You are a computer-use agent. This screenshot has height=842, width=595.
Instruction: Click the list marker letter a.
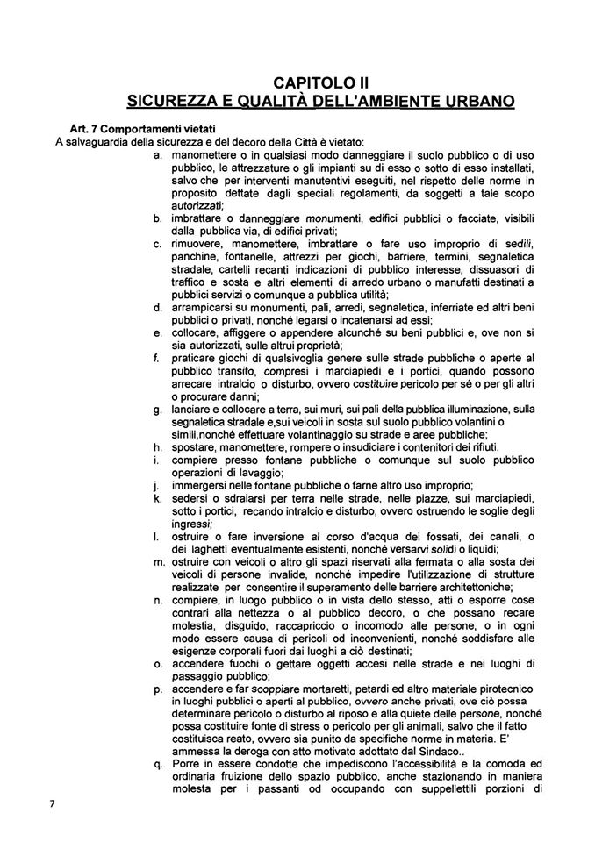point(156,154)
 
